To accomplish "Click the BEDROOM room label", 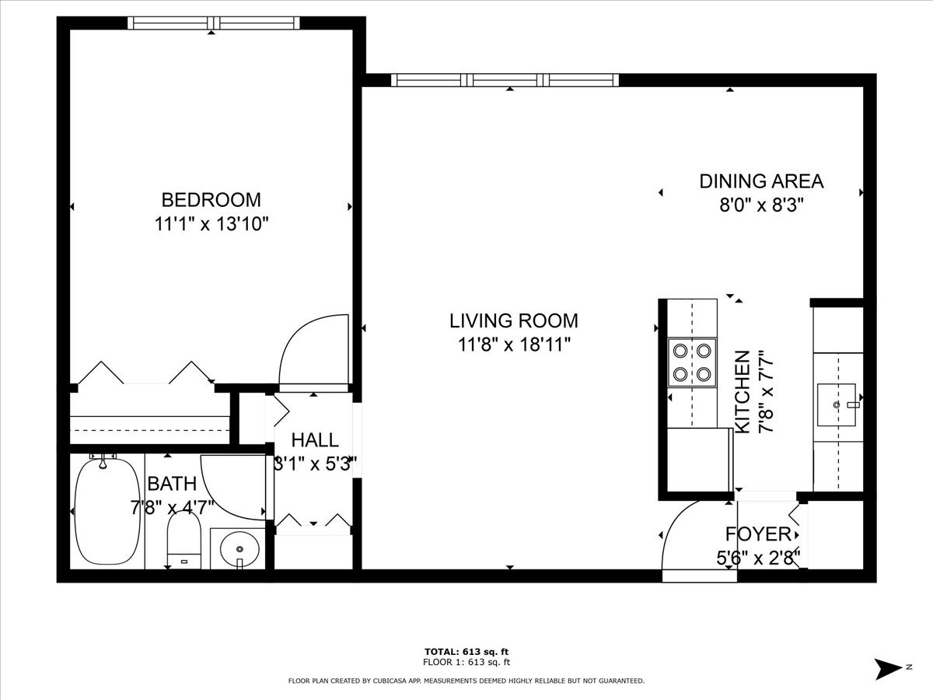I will pyautogui.click(x=211, y=200).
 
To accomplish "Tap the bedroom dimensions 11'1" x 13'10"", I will pyautogui.click(x=211, y=225).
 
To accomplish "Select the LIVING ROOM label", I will pyautogui.click(x=514, y=320).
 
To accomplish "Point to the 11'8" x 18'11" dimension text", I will pyautogui.click(x=514, y=345).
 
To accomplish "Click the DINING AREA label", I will pyautogui.click(x=761, y=181).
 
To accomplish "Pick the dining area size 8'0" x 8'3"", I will pyautogui.click(x=761, y=205).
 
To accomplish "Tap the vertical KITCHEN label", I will pyautogui.click(x=743, y=392).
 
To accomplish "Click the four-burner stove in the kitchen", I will pyautogui.click(x=692, y=362).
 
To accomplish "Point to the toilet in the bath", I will pyautogui.click(x=184, y=541).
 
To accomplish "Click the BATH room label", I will pyautogui.click(x=172, y=484).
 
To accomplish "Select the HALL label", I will pyautogui.click(x=315, y=440).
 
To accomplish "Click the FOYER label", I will pyautogui.click(x=758, y=534).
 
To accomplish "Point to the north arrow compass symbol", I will pyautogui.click(x=887, y=667).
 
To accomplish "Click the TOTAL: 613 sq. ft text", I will pyautogui.click(x=466, y=652).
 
